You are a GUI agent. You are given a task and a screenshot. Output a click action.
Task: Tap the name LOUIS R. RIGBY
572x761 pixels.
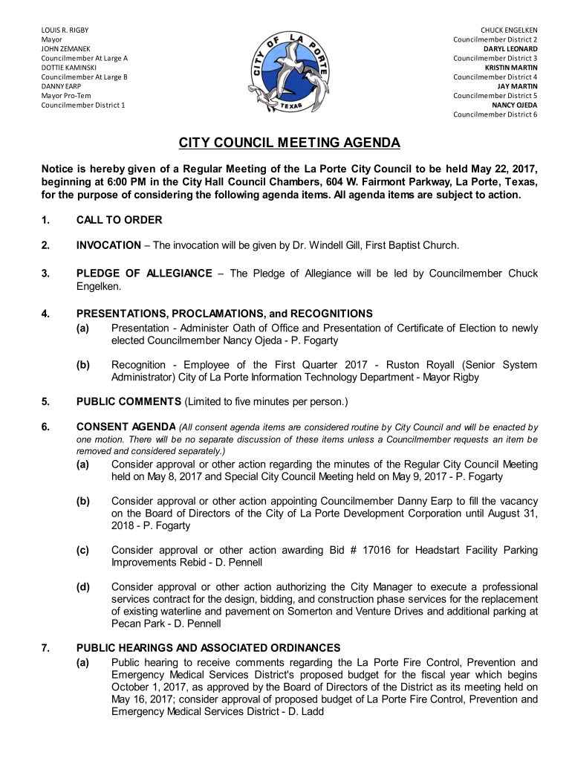[65, 30]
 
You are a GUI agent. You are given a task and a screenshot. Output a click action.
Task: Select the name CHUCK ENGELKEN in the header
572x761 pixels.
[509, 30]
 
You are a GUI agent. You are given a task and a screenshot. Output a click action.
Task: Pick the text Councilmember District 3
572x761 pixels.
[495, 58]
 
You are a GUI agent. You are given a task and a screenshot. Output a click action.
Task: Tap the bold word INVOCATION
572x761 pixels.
[108, 245]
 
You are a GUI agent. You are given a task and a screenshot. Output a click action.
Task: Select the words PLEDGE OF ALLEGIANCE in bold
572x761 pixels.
[144, 273]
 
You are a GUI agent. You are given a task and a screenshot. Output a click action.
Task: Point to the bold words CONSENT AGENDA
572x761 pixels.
[126, 427]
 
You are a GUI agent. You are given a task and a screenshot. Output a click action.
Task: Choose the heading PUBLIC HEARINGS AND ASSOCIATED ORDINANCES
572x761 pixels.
[208, 648]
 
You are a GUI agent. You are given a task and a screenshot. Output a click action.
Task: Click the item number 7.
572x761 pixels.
[45, 648]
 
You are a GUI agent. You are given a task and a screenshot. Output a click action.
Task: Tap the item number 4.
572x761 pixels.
[45, 314]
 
